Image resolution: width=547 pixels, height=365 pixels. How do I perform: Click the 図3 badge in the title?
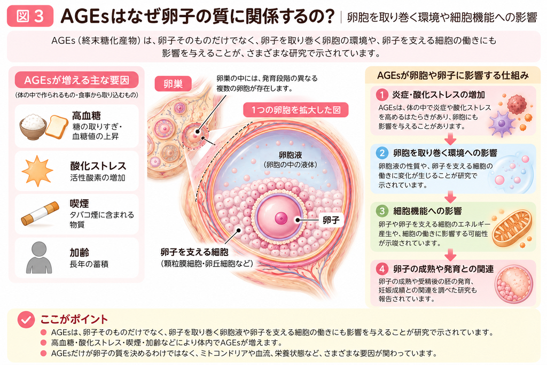click(30, 16)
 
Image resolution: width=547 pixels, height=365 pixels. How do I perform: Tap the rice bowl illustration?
click(33, 126)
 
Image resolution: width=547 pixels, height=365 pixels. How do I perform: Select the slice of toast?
click(57, 126)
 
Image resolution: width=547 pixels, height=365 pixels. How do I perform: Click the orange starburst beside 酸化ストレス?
click(37, 171)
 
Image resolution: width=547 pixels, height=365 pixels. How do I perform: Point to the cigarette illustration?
click(40, 214)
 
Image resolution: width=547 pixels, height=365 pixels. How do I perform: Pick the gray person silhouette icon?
click(39, 258)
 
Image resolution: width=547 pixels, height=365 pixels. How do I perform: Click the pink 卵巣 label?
click(173, 84)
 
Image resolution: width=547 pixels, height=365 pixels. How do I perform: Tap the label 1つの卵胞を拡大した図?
click(296, 110)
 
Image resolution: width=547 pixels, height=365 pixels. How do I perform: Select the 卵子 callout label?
click(331, 220)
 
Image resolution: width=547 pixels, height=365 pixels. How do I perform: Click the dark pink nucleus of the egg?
click(281, 219)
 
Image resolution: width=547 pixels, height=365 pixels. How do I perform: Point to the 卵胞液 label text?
click(290, 155)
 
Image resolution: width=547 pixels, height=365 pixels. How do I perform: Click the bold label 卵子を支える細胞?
click(194, 252)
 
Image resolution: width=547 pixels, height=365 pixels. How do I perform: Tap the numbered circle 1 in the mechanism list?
click(382, 95)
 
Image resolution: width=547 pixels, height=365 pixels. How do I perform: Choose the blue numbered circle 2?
click(382, 153)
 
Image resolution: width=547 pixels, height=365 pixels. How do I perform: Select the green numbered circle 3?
click(382, 211)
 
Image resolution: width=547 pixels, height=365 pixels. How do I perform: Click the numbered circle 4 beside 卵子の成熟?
click(382, 269)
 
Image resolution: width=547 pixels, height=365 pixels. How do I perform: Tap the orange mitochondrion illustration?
click(512, 229)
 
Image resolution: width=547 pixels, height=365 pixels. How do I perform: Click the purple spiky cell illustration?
click(502, 123)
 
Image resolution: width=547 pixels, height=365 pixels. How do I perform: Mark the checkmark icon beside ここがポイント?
click(26, 319)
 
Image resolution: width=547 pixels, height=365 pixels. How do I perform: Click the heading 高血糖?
click(86, 115)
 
